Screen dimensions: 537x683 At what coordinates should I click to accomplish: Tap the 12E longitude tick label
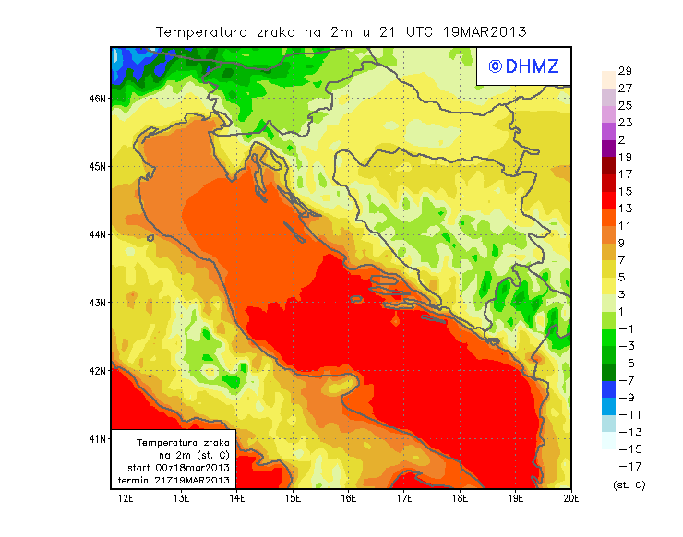(x=126, y=498)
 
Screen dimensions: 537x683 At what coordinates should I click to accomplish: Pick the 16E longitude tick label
(x=349, y=498)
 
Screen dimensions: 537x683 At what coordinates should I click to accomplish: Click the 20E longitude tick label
(x=570, y=498)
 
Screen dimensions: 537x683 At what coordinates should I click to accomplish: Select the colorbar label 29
(x=625, y=71)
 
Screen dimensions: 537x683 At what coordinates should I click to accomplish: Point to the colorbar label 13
(x=625, y=209)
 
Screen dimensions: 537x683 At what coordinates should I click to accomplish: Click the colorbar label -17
(x=625, y=466)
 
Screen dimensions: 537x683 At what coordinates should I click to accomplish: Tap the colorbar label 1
(x=625, y=311)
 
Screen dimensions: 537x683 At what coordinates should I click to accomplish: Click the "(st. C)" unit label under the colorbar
(x=629, y=484)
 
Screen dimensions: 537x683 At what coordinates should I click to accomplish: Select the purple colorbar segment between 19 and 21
(x=608, y=149)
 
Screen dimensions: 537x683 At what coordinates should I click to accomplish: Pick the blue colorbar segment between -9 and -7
(x=608, y=388)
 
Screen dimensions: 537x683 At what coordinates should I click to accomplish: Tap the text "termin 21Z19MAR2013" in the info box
(x=175, y=481)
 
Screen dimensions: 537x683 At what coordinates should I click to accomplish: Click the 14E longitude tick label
(x=237, y=498)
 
